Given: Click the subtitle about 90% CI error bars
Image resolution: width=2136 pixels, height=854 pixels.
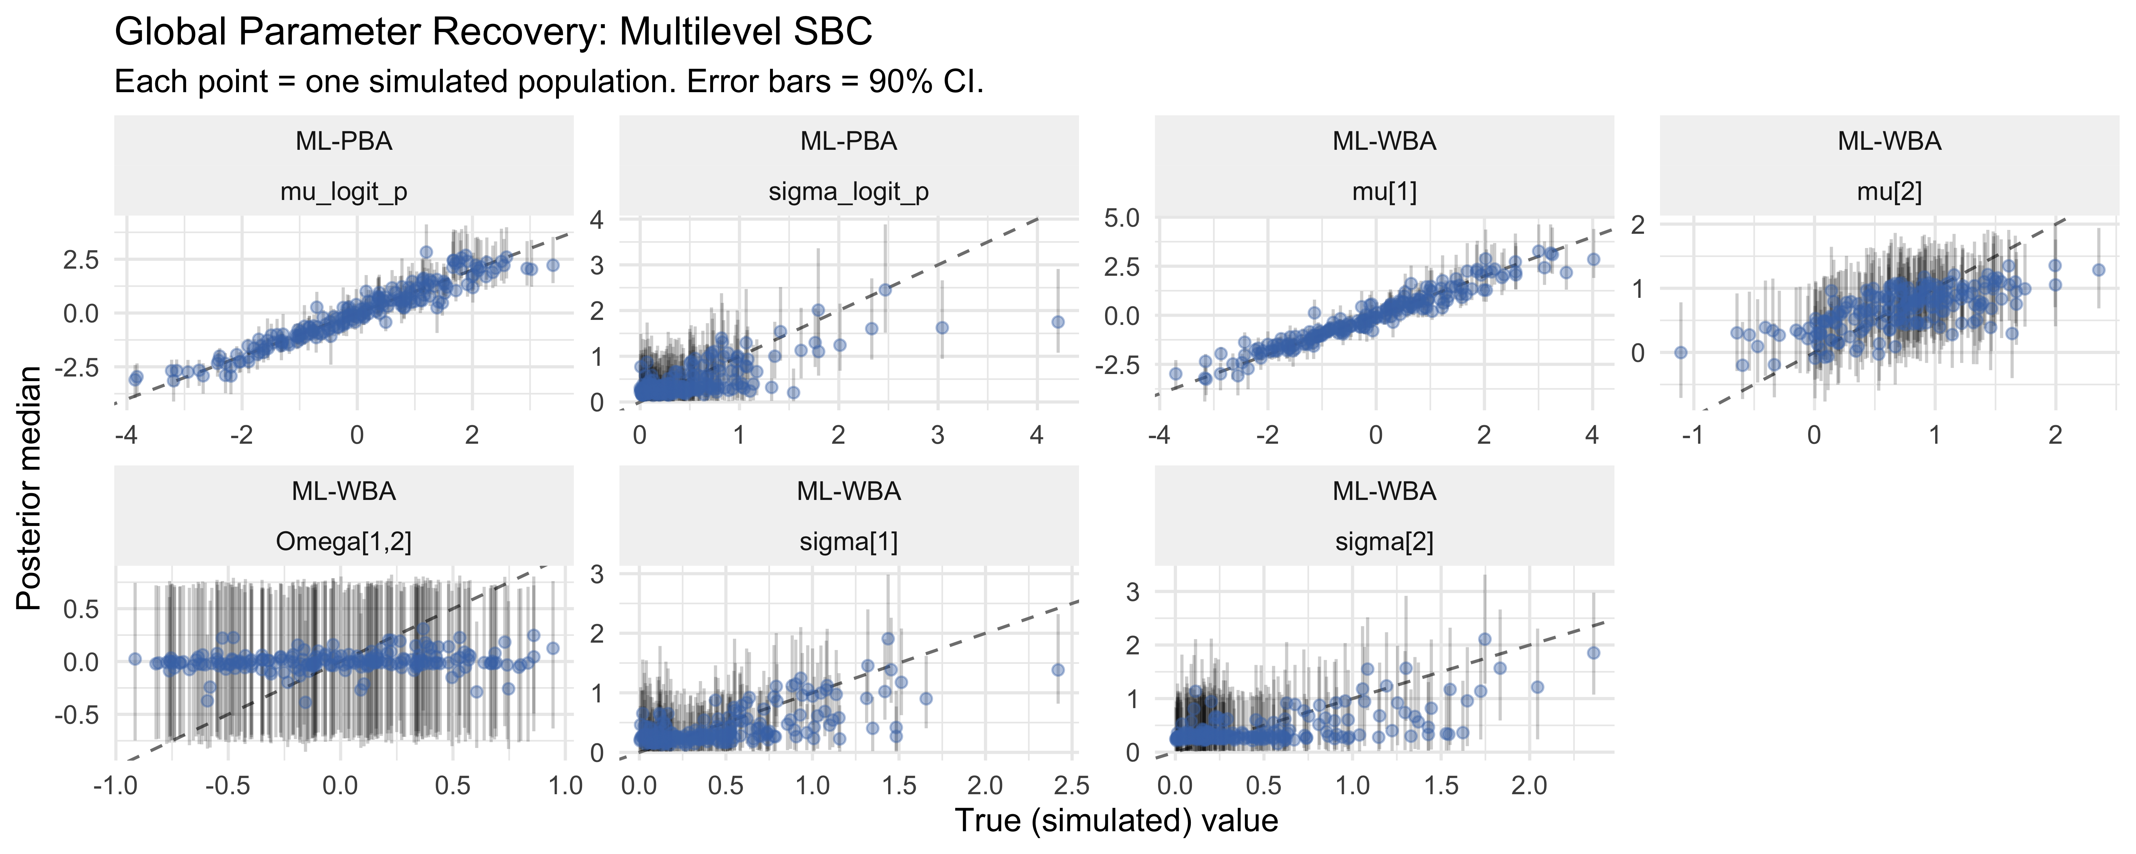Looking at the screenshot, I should [x=548, y=82].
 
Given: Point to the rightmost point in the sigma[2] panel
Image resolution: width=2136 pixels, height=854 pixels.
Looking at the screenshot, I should [x=1593, y=653].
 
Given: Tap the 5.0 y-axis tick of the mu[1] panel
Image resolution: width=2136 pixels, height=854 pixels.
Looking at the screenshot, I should [x=1122, y=219].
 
